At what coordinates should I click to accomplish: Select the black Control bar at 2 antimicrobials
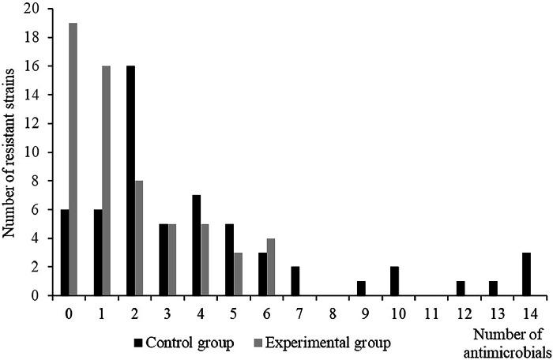point(129,181)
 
